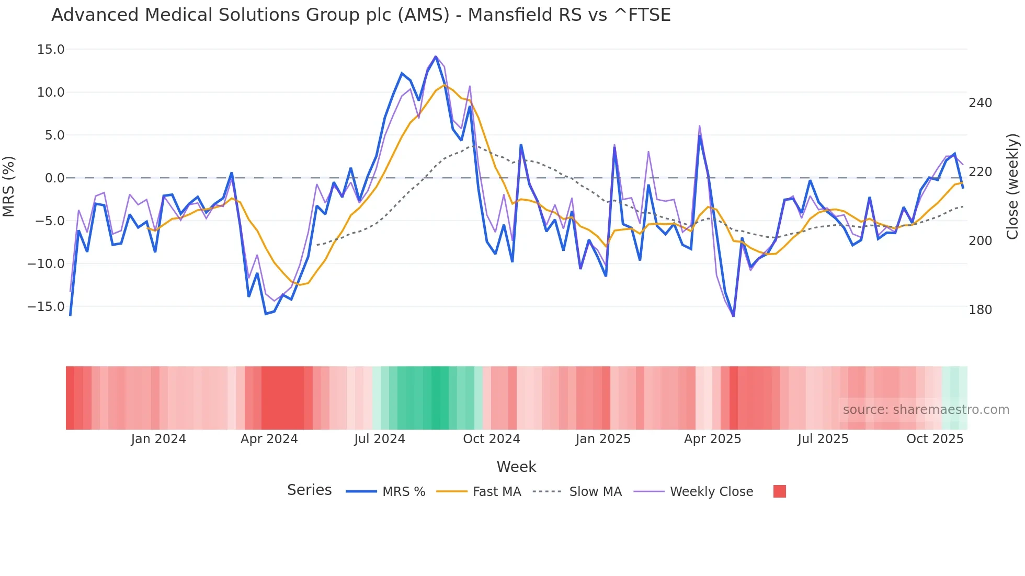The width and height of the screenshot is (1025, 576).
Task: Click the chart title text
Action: (361, 15)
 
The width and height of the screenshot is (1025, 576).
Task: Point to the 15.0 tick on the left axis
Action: (50, 50)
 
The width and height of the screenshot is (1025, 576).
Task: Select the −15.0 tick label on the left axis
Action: (46, 307)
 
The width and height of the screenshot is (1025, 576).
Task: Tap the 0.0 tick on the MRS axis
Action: (54, 178)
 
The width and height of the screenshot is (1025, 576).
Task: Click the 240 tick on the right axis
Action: (980, 103)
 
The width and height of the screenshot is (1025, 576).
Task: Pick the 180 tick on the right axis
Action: (980, 310)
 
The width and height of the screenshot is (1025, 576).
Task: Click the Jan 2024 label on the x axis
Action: (158, 439)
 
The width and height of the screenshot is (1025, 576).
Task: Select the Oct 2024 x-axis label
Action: (492, 439)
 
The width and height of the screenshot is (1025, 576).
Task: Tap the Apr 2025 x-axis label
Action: (712, 439)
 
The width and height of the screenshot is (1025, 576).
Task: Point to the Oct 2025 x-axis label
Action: (935, 439)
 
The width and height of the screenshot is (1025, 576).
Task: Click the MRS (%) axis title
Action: (9, 187)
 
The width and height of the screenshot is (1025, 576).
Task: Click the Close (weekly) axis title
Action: (1013, 187)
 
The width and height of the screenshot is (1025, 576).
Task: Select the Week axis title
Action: (516, 467)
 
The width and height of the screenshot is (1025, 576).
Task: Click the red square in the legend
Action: (779, 491)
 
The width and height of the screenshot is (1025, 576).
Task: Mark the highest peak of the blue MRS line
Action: (436, 56)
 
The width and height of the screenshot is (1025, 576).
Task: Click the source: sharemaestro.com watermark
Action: (926, 410)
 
